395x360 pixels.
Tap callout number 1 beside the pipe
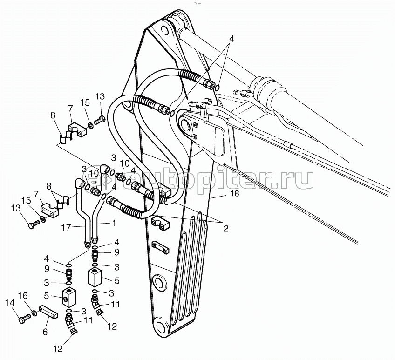114,223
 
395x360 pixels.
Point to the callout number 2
226,229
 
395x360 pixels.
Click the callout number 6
45,332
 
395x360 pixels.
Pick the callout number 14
10,303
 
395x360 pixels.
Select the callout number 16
23,296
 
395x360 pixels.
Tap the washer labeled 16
34,313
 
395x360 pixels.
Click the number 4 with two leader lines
232,39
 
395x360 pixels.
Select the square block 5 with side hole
69,298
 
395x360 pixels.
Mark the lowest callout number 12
58,349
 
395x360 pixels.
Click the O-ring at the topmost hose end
217,88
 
